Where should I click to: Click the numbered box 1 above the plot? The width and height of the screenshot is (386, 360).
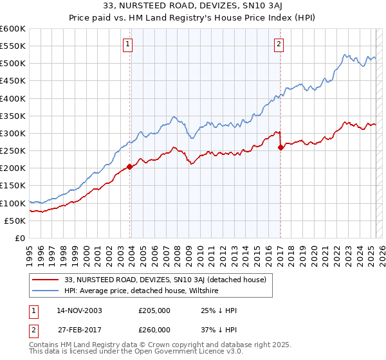[128, 44]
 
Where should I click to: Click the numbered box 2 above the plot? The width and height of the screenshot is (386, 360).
[279, 44]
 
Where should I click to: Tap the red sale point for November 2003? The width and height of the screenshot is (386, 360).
[130, 166]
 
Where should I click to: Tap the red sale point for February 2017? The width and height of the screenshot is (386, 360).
[280, 147]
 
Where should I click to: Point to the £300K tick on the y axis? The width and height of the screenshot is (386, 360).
[14, 133]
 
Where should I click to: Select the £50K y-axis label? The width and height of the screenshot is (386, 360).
[15, 221]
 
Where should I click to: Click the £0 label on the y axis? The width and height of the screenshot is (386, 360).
[21, 238]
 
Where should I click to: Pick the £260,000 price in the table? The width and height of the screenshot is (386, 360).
[154, 329]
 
